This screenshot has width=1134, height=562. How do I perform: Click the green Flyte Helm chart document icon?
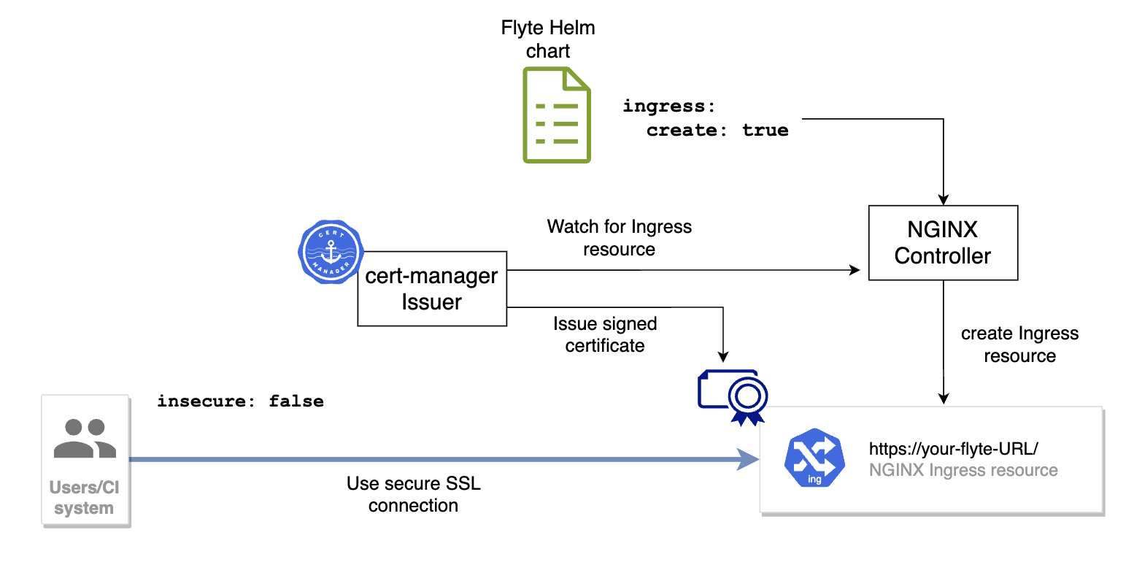557,115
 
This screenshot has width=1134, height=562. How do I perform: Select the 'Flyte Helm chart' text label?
547,39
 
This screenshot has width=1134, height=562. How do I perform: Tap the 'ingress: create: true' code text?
705,118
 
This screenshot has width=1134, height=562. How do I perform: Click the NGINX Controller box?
943,243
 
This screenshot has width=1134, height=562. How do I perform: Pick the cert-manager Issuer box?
431,289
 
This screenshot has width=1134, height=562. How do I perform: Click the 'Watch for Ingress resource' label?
619,238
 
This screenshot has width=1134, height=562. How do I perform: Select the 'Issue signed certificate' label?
604,334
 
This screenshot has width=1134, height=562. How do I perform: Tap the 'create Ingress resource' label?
1019,344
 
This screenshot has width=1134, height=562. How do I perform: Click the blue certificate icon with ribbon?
733,396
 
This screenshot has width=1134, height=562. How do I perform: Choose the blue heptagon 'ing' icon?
814,458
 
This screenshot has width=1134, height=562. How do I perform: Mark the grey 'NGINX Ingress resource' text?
963,470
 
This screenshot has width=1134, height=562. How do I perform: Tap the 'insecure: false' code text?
240,401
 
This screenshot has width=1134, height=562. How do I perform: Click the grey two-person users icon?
85,438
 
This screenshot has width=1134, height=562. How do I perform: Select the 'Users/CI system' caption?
85,498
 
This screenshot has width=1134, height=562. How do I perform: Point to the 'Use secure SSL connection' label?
413,494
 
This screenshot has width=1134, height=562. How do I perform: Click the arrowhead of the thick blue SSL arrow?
750,460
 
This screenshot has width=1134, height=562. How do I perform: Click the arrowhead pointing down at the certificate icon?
723,357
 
